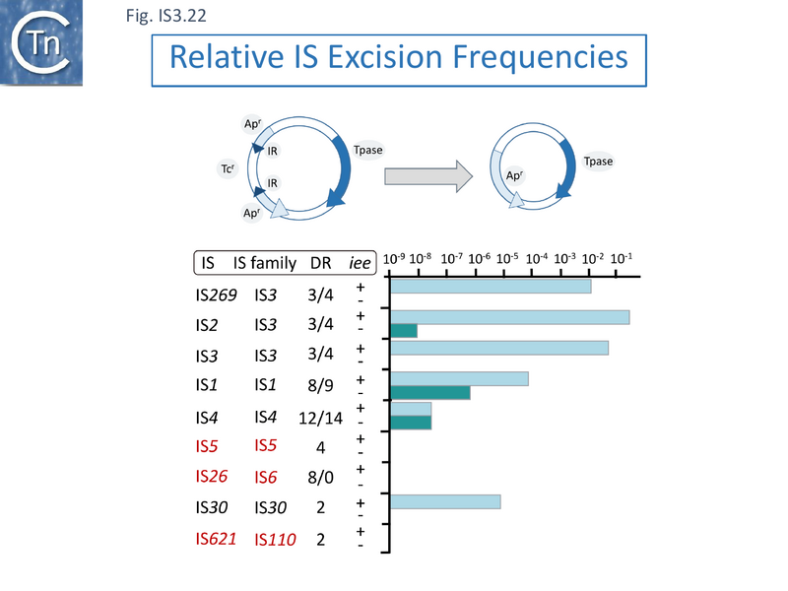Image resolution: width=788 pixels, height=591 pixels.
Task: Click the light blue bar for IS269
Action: point(491,287)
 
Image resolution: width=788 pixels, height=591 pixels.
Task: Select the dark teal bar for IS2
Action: point(404,331)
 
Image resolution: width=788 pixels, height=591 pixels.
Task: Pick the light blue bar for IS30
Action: point(445,501)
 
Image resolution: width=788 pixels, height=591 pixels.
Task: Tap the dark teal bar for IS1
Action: point(430,393)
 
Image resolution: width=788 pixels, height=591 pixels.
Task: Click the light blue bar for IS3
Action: point(499,348)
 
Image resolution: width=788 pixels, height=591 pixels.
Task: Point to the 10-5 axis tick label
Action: point(508,258)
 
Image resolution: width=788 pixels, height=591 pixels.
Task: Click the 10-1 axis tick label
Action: point(622,258)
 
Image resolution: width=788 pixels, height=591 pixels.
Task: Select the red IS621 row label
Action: point(216,539)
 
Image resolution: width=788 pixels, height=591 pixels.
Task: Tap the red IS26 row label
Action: point(214,477)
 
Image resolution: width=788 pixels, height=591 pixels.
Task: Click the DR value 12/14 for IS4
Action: point(320,417)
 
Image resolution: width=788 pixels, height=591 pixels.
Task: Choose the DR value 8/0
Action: point(320,478)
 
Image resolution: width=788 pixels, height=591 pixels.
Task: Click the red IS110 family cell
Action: point(275,540)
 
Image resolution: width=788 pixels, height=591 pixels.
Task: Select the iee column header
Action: point(361,263)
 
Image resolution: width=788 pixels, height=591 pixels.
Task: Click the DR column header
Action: point(320,263)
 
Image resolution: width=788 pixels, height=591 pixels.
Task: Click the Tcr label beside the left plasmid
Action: point(226,168)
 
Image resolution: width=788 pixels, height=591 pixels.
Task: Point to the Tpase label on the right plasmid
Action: point(598,162)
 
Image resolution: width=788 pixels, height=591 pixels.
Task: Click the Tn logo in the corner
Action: point(39,42)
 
